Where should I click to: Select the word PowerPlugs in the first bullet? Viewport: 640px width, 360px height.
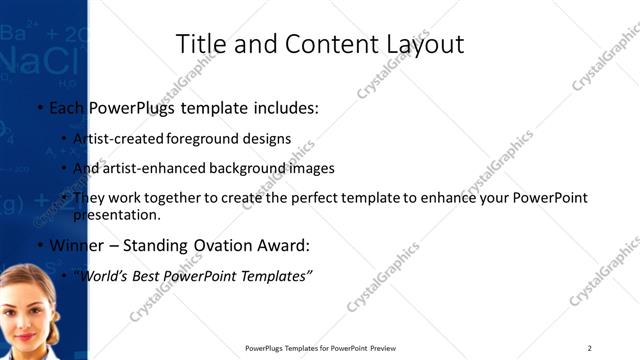pos(129,108)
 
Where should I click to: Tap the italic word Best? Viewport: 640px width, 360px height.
pos(148,274)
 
